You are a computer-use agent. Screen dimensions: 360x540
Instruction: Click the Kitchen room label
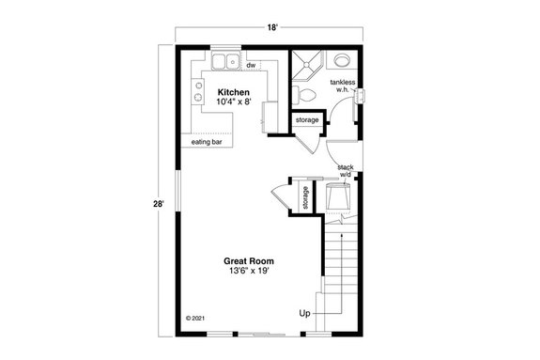[x=233, y=91]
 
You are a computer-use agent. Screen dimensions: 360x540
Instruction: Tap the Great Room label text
[x=248, y=260]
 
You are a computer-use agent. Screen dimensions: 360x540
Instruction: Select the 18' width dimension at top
[x=272, y=29]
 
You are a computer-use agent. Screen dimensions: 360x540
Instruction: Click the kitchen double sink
[x=224, y=63]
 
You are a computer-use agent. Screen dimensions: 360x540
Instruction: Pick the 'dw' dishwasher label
[x=252, y=66]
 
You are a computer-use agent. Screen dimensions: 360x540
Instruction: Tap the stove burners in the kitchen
[x=198, y=90]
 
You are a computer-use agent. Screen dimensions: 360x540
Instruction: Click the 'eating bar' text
[x=208, y=142]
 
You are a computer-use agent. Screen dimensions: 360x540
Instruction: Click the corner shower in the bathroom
[x=304, y=63]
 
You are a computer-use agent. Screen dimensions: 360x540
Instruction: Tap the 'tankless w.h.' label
[x=342, y=86]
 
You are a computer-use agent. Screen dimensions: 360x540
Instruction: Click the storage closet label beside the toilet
[x=307, y=120]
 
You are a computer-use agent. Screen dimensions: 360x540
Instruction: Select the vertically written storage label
[x=305, y=198]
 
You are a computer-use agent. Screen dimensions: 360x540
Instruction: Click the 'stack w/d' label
[x=345, y=170]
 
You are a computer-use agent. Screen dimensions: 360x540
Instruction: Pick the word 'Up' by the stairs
[x=304, y=313]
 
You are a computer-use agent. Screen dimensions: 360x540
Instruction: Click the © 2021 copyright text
[x=195, y=318]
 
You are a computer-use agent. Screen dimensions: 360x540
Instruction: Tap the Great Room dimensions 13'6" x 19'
[x=248, y=271]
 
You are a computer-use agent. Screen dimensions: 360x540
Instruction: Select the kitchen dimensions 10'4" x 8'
[x=233, y=101]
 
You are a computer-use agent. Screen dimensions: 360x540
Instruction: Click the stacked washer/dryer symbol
[x=337, y=196]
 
